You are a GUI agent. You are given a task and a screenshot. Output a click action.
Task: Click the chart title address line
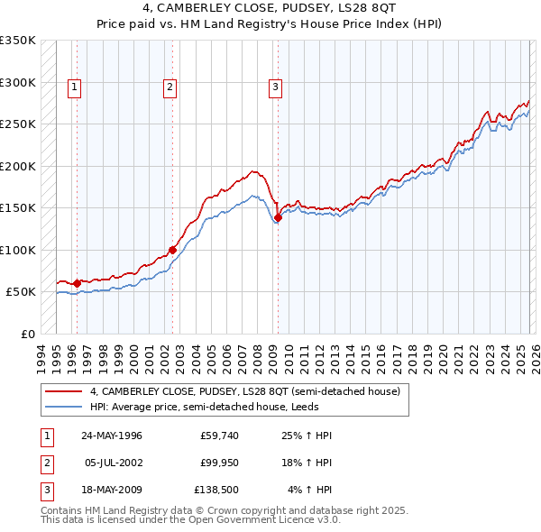(270, 8)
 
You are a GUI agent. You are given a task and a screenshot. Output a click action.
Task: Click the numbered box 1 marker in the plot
(74, 87)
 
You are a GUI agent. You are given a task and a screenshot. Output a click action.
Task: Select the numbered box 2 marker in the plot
(170, 87)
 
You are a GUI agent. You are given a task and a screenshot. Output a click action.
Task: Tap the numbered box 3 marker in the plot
(275, 87)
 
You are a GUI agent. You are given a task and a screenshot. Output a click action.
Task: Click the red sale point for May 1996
(78, 283)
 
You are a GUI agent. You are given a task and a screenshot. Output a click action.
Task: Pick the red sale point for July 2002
(172, 250)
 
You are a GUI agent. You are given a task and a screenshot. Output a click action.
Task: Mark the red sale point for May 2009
(279, 217)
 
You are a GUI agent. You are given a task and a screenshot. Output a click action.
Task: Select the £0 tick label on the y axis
(29, 334)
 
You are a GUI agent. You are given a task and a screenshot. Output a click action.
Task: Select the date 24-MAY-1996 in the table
(112, 436)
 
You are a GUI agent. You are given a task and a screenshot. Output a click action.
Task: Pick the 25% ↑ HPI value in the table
(308, 436)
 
